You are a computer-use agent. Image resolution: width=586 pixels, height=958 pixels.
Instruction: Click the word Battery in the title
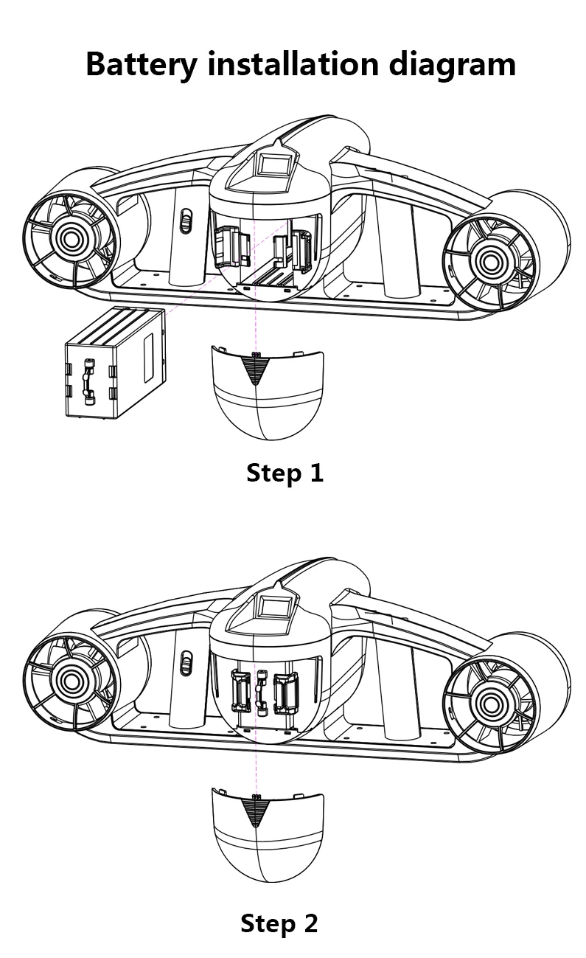tap(141, 65)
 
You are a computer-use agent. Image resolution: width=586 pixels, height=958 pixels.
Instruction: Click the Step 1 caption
tap(285, 472)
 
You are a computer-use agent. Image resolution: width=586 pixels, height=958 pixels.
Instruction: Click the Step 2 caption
tap(279, 923)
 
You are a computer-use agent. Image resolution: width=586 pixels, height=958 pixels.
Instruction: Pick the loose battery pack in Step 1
tap(115, 364)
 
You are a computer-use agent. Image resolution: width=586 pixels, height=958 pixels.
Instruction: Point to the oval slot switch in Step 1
tap(186, 221)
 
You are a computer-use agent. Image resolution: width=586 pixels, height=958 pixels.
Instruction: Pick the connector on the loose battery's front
tap(89, 381)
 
